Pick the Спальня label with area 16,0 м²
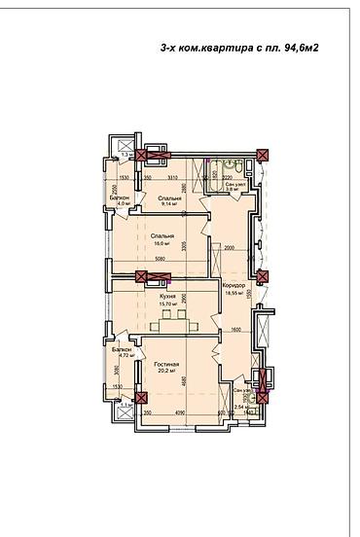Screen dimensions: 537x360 [x=162, y=236]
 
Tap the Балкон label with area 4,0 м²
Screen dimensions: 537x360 [x=121, y=197]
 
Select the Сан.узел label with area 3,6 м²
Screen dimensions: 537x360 [x=234, y=185]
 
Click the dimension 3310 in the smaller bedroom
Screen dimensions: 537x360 [x=171, y=178]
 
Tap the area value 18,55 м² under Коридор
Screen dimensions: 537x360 [x=234, y=292]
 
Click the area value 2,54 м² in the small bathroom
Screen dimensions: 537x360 [x=240, y=407]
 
